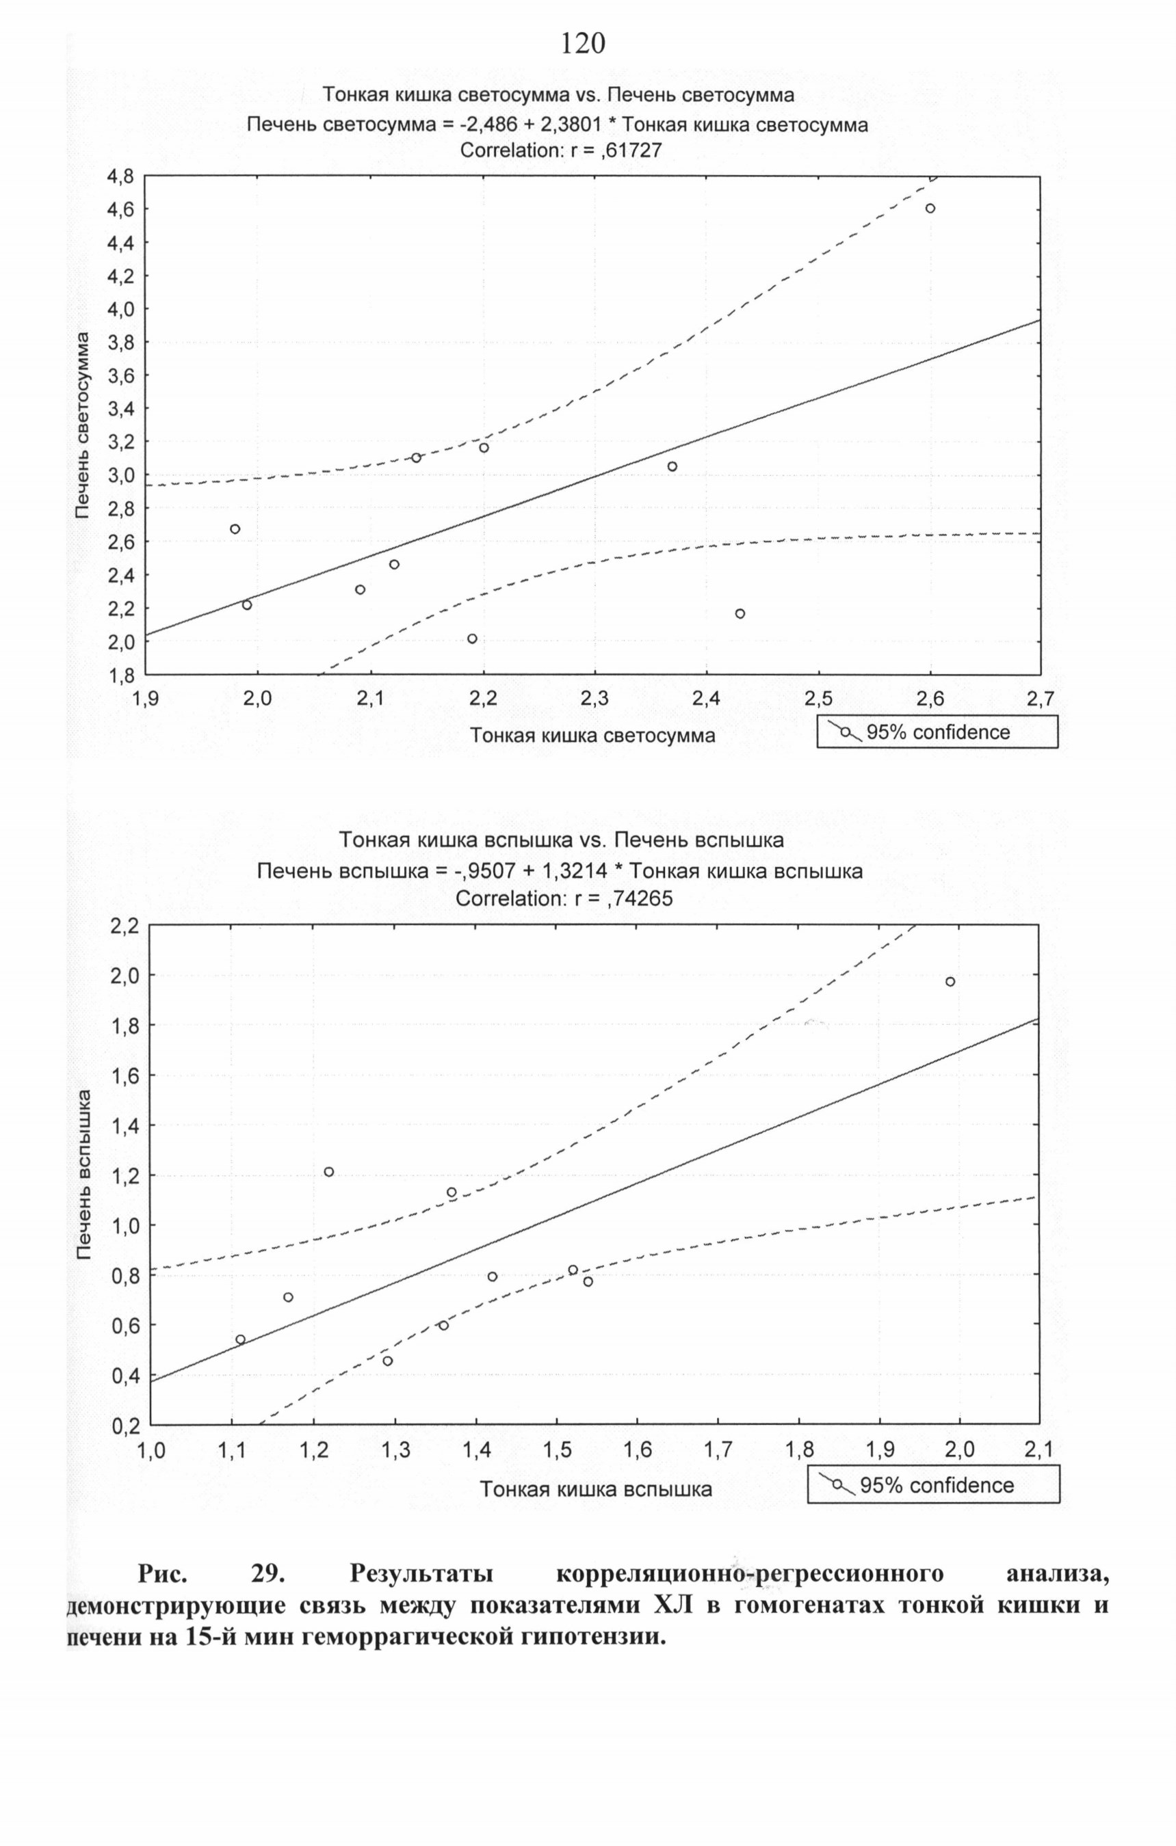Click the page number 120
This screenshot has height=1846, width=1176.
tap(583, 44)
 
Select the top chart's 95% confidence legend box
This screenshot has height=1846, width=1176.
tap(937, 732)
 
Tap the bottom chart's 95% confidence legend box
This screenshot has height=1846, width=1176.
tap(934, 1485)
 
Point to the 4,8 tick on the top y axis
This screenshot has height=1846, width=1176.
tap(118, 177)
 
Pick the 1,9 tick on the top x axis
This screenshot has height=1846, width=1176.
tap(146, 698)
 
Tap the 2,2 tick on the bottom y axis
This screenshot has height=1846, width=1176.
tap(124, 926)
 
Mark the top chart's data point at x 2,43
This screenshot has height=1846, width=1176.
tap(740, 613)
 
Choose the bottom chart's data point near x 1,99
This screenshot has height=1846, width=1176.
tap(950, 981)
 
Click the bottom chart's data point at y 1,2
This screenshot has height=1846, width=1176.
tap(328, 1171)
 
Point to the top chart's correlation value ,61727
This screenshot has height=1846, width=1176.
tap(631, 151)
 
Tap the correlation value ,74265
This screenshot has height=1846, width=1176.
tap(638, 898)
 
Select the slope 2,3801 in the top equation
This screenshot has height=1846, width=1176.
tap(567, 125)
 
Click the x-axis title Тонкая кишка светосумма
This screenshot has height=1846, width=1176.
tap(592, 735)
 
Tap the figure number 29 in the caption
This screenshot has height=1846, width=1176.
tap(267, 1575)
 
